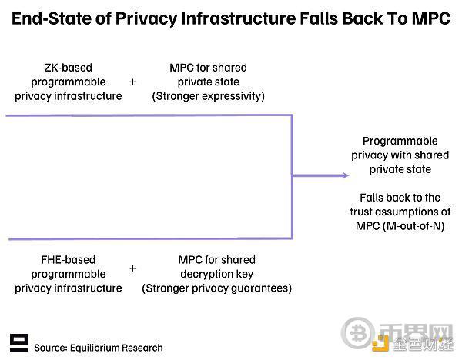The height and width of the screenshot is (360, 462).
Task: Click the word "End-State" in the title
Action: [52, 18]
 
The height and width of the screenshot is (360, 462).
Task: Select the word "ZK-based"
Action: [68, 68]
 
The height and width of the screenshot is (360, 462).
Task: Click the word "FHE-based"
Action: [68, 260]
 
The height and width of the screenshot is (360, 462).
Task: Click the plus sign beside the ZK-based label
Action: [132, 82]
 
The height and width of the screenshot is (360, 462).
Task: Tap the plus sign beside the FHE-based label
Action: [132, 268]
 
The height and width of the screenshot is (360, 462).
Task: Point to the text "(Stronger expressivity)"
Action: [209, 96]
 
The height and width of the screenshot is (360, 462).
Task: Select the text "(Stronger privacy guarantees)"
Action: [217, 288]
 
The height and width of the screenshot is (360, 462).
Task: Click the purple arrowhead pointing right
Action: [345, 175]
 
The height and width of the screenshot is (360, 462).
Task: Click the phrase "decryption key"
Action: [217, 274]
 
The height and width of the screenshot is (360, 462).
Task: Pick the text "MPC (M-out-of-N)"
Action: [400, 226]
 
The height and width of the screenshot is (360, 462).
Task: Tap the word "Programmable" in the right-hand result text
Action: [400, 141]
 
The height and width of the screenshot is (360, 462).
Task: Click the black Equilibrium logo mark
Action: [18, 342]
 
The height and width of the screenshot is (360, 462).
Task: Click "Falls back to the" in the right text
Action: [400, 198]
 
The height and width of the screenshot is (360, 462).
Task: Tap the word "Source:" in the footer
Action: [51, 348]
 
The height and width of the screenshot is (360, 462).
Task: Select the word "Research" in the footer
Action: [142, 348]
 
